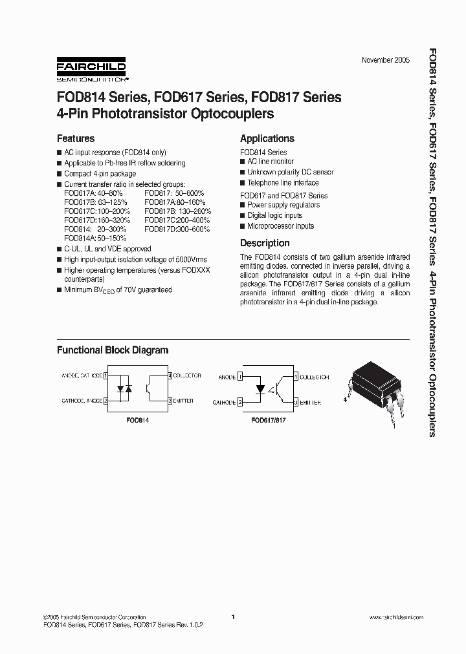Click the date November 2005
coord(385,60)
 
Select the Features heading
coord(76,138)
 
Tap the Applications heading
coord(267,138)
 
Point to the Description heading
coord(265,243)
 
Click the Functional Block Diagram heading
coord(113,350)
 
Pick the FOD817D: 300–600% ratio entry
coord(177,229)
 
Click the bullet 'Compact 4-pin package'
coord(100,174)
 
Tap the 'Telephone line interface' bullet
coord(283,183)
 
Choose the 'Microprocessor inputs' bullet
coord(280,226)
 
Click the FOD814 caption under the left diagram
coord(137,419)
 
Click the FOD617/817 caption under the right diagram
coord(269,419)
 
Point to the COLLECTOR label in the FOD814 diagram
coord(187,375)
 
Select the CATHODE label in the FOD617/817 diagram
coord(223,402)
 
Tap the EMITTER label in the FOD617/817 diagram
coord(310,402)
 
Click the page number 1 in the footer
coord(232,617)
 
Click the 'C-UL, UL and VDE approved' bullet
coord(107,249)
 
